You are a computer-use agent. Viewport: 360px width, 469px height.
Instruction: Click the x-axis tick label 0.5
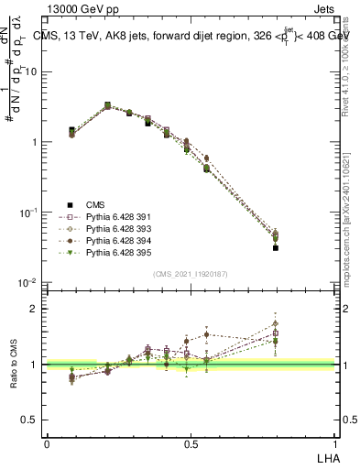point(191,442)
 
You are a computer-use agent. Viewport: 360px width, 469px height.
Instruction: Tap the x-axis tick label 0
point(47,442)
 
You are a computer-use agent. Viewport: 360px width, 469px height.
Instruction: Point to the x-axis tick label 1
point(334,442)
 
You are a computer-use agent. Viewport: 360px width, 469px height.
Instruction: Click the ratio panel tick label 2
point(33,309)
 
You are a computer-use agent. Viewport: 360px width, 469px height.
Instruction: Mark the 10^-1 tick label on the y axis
point(28,213)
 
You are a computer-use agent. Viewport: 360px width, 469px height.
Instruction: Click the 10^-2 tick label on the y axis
point(28,283)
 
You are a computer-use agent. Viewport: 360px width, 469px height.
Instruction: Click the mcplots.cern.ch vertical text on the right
point(351,211)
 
